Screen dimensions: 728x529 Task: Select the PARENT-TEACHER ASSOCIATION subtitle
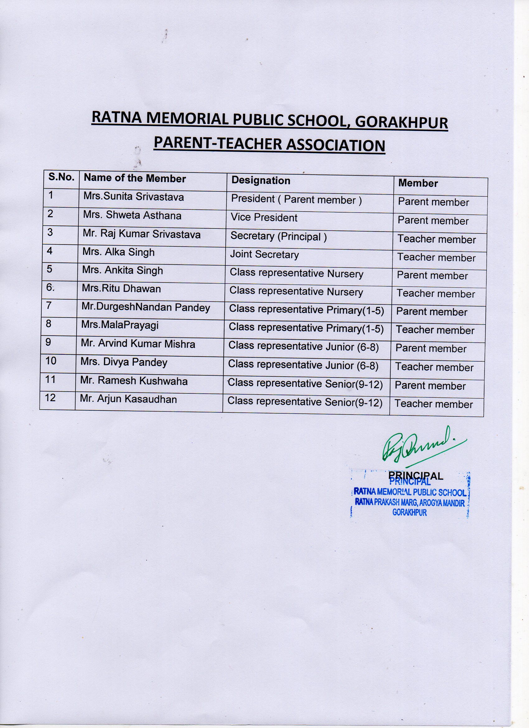[x=269, y=145]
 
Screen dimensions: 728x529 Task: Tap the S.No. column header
[x=61, y=177]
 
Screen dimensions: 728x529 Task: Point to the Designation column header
[x=261, y=181]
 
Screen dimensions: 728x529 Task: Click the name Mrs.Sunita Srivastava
[x=133, y=196]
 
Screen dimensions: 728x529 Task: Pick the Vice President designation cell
[x=264, y=218]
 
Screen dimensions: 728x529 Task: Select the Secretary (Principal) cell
[x=278, y=236]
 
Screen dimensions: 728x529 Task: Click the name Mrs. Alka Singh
[x=119, y=252]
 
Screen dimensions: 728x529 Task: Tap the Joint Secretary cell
[x=264, y=255]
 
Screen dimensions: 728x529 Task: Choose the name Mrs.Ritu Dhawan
[x=121, y=289]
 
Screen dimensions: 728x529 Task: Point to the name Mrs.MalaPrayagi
[x=120, y=326]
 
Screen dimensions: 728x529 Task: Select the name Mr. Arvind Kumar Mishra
[x=138, y=344]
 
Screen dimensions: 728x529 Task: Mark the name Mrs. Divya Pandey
[x=124, y=362]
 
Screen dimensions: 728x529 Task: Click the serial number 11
[x=51, y=380]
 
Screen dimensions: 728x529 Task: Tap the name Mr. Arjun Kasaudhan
[x=128, y=399]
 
